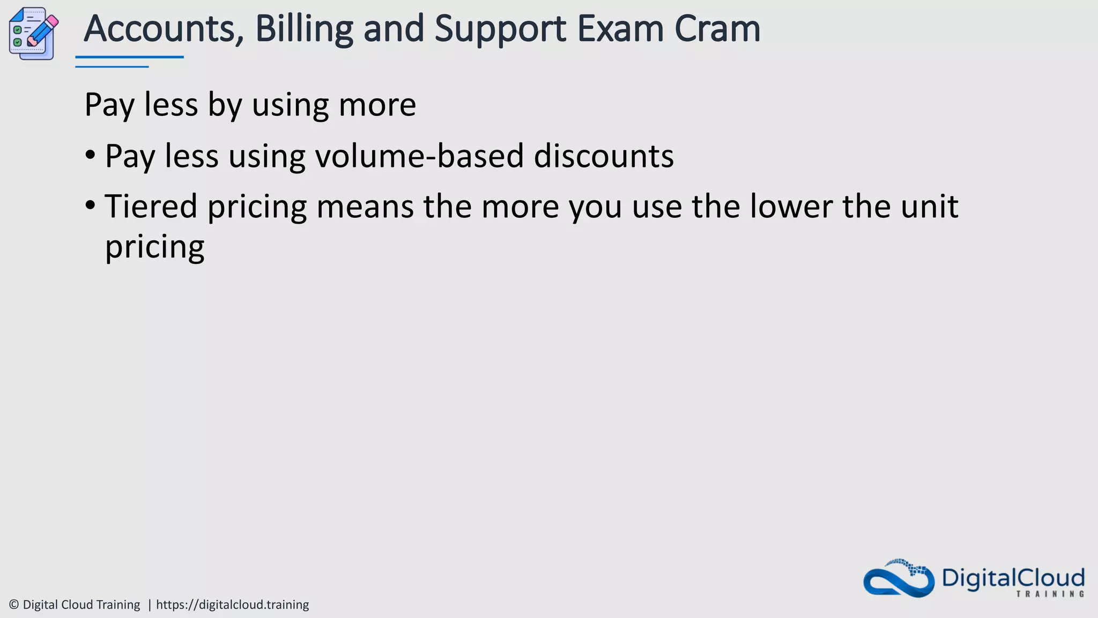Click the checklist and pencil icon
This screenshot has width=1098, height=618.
click(33, 33)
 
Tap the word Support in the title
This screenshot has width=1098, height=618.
click(500, 29)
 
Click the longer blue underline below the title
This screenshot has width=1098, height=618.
click(129, 56)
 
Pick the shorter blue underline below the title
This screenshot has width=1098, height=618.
click(112, 67)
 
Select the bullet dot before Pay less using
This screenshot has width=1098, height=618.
click(90, 156)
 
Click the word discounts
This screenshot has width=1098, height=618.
click(604, 156)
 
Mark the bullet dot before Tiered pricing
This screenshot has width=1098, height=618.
click(90, 205)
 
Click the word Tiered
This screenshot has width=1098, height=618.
click(151, 207)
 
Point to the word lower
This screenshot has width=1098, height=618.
click(790, 207)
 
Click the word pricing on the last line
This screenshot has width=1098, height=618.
click(154, 247)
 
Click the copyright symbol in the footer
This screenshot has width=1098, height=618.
click(14, 605)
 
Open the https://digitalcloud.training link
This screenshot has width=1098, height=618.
click(232, 605)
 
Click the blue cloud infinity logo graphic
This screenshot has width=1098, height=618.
click(899, 579)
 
